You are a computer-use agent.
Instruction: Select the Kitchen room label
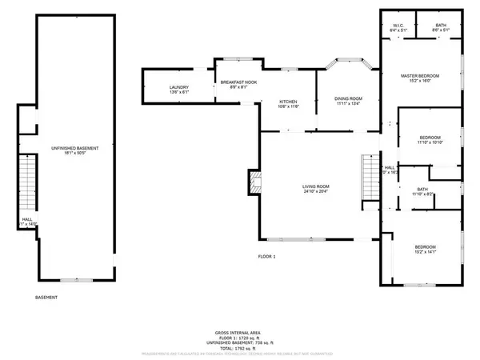click(x=288, y=102)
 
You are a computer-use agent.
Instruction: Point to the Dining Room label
click(x=349, y=98)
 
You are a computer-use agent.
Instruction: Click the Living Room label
click(x=317, y=186)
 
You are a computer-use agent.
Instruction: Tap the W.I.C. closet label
click(x=396, y=26)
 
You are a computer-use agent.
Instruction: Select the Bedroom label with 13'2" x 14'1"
click(x=425, y=246)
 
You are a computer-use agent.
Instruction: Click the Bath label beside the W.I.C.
click(x=441, y=26)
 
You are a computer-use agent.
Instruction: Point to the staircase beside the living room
click(x=369, y=178)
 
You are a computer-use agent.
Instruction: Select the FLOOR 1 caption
click(x=266, y=257)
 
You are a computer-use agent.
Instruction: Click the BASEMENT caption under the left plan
click(x=46, y=297)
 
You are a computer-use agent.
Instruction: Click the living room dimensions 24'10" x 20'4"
click(x=317, y=192)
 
